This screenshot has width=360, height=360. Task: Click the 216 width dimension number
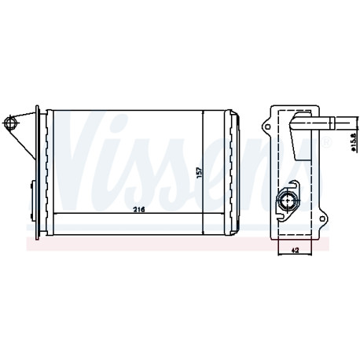tap(139, 210)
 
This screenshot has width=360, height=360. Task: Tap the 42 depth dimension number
tap(295, 251)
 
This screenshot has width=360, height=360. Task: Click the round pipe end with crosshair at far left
tap(11, 123)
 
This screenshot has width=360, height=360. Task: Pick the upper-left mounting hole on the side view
tap(267, 127)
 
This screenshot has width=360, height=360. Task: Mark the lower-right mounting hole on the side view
tap(322, 219)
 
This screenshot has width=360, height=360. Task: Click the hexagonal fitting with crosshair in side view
tap(288, 200)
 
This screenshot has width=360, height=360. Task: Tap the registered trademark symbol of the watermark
tap(328, 142)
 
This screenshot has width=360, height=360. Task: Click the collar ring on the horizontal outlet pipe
tap(332, 123)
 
